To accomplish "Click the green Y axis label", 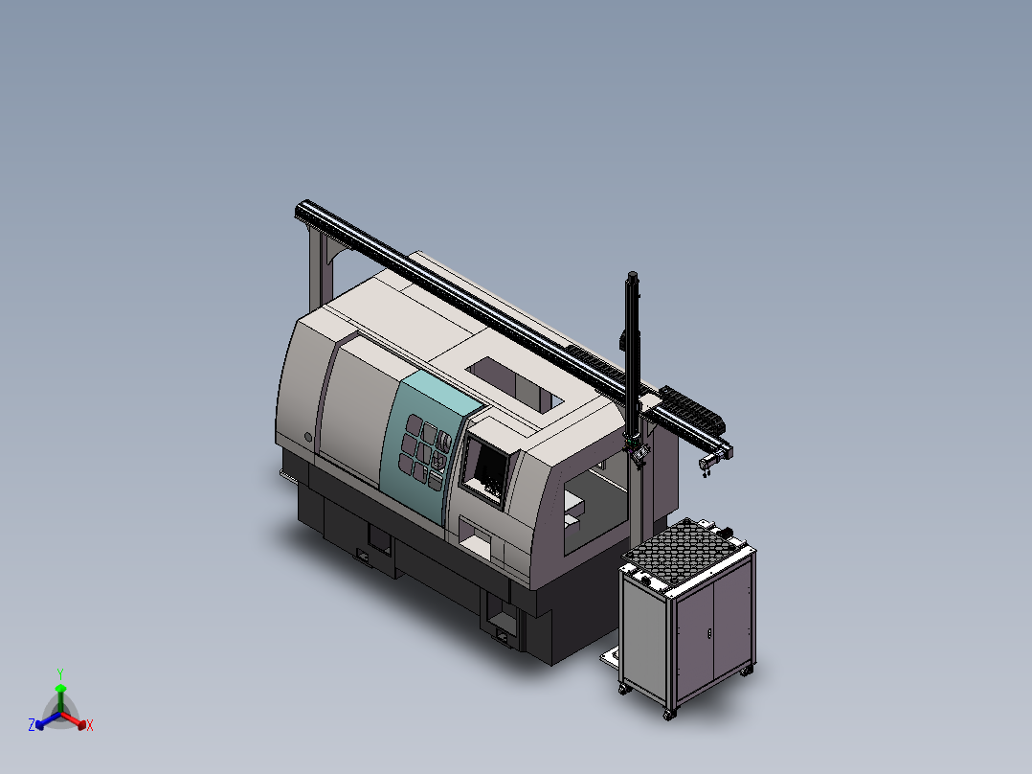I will (60, 672).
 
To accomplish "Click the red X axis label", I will (90, 726).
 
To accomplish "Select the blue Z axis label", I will (31, 726).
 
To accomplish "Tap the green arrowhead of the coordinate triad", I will (60, 688).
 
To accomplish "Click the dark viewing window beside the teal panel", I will (486, 467).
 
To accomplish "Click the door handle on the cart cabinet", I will (707, 634).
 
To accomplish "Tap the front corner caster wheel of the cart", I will (667, 714).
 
